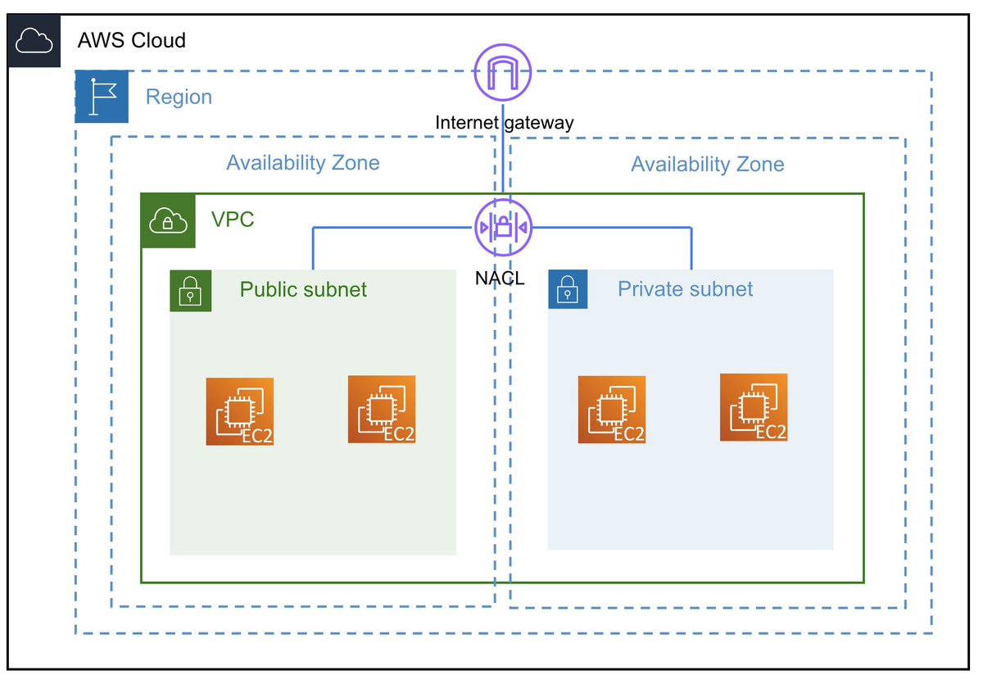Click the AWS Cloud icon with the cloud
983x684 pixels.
34,40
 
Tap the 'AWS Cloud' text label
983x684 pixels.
131,40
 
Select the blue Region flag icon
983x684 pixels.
102,97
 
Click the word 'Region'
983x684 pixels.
179,97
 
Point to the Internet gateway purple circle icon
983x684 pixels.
503,71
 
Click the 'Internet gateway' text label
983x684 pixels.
504,123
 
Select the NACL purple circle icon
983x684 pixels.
503,227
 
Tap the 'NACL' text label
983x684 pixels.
499,279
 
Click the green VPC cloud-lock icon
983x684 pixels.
169,221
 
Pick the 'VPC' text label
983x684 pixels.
233,220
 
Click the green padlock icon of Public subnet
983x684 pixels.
190,291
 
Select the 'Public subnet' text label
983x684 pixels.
303,289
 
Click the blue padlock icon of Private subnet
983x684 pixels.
568,289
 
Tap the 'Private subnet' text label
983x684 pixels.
685,289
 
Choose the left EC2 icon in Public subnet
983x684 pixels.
239,411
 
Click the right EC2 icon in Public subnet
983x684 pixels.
382,410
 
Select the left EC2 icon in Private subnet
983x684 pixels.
611,410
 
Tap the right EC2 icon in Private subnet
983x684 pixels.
754,407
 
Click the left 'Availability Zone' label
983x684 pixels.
303,163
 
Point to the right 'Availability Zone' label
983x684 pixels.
707,165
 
